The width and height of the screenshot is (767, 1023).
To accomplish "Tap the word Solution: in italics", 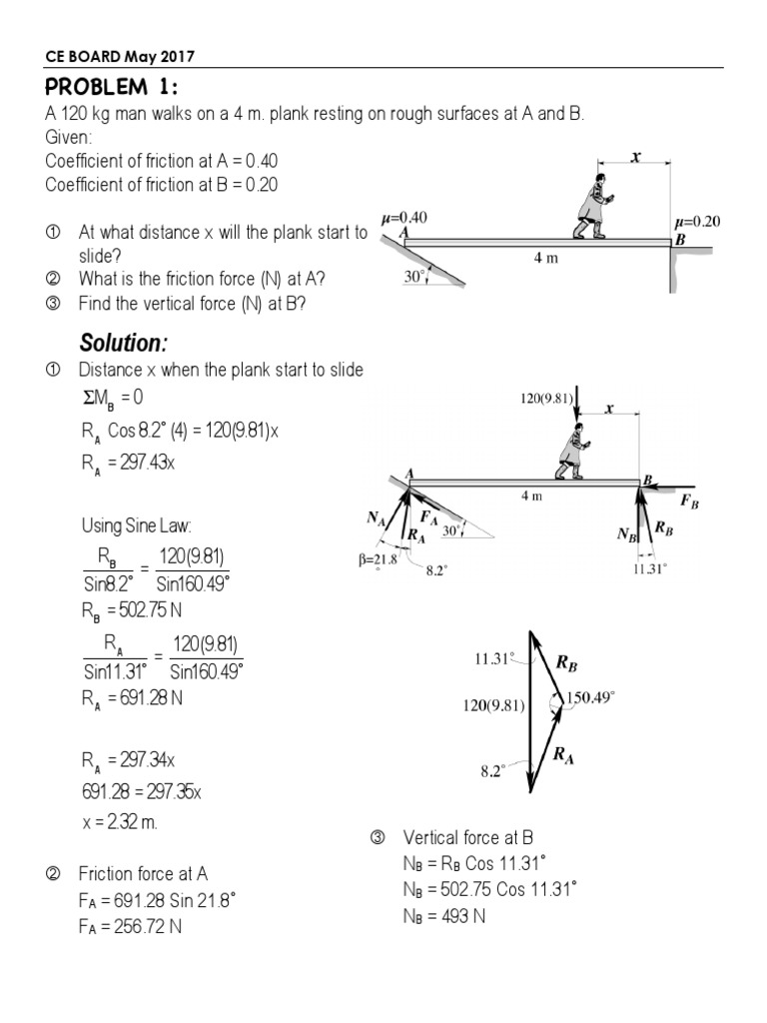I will [123, 343].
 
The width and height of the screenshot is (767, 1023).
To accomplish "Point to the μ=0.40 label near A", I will [405, 217].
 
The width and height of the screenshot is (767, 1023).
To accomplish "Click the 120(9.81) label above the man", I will [547, 398].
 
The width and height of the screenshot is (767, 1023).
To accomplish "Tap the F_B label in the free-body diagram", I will [689, 503].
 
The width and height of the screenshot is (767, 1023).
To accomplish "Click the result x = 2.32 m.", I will [119, 823].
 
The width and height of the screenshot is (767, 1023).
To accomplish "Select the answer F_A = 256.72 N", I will [130, 926].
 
